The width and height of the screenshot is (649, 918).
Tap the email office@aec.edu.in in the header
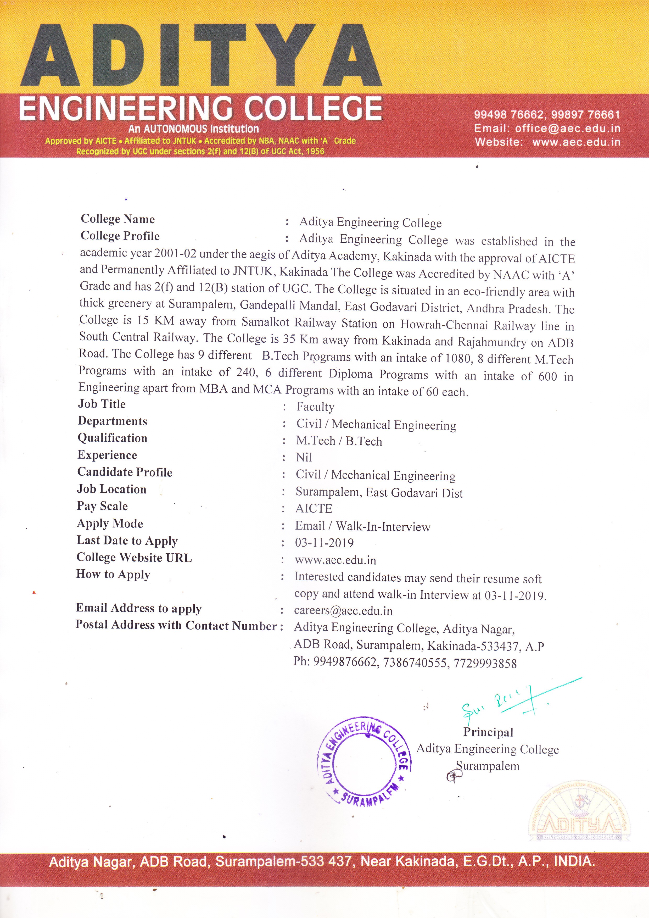click(x=567, y=128)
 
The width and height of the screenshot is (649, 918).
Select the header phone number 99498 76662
click(x=508, y=115)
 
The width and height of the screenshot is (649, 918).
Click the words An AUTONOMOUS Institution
click(x=193, y=129)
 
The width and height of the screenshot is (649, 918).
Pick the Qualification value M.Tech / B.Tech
click(x=339, y=441)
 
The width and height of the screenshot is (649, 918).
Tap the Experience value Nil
click(x=304, y=457)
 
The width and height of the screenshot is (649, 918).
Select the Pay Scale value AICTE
click(x=314, y=509)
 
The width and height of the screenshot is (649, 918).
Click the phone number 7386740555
click(x=415, y=663)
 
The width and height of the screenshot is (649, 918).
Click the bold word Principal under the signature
click(x=488, y=732)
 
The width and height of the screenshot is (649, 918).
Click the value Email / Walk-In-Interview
click(x=362, y=527)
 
